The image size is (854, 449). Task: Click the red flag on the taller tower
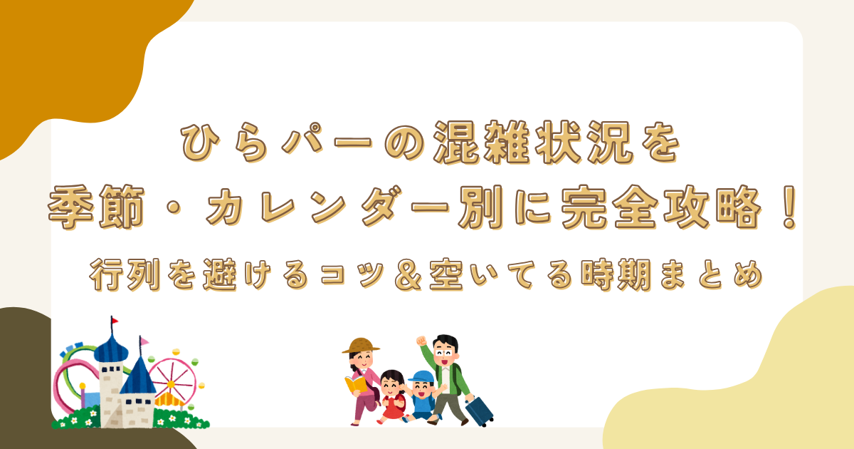115,322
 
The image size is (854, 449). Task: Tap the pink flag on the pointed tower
144,342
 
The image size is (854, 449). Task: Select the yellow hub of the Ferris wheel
172,381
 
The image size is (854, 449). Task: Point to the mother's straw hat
361,346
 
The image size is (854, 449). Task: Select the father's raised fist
421,340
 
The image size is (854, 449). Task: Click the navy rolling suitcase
480,411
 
